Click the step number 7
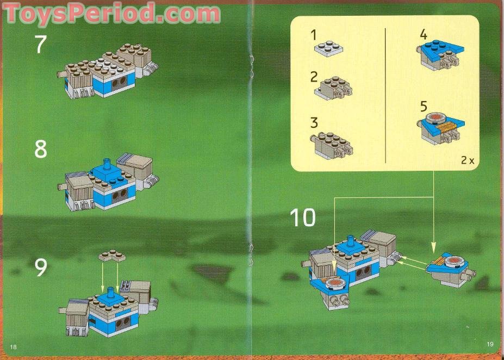click(41, 44)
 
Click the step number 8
click(41, 148)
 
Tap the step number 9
click(41, 267)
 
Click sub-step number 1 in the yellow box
click(313, 35)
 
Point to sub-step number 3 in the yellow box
click(314, 123)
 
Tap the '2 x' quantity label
click(467, 160)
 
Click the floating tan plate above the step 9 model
click(110, 256)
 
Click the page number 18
click(14, 347)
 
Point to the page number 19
click(490, 344)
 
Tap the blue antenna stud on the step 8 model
click(107, 164)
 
